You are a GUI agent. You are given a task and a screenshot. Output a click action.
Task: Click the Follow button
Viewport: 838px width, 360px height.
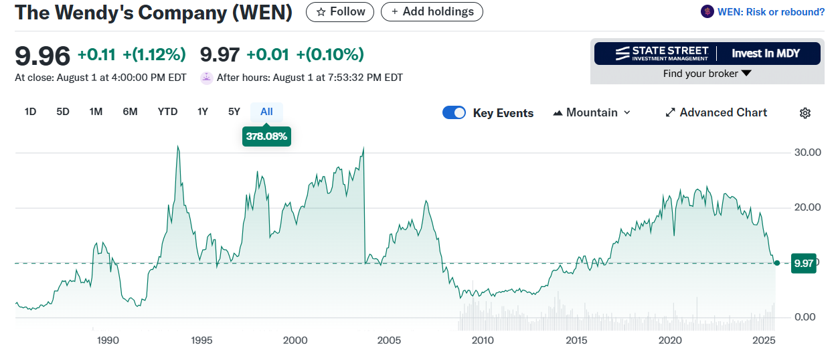tap(340, 11)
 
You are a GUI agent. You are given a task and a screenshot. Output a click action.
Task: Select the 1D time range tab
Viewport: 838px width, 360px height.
tap(30, 112)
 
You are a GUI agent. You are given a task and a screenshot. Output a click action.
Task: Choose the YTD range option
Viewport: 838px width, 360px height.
tap(167, 112)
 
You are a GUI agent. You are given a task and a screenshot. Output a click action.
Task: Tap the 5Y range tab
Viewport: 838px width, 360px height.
tap(234, 112)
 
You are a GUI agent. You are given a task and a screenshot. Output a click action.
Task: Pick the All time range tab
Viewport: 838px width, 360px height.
tap(266, 112)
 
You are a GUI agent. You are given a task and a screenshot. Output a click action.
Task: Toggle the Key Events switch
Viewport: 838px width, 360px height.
tap(454, 112)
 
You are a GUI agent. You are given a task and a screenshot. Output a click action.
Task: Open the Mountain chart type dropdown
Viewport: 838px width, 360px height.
tap(592, 112)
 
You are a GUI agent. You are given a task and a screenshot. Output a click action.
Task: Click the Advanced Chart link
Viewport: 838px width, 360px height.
tap(716, 112)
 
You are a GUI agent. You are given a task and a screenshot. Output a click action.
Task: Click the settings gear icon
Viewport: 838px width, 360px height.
tap(805, 113)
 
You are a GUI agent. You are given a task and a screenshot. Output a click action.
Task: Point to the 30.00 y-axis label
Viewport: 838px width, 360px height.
tap(807, 153)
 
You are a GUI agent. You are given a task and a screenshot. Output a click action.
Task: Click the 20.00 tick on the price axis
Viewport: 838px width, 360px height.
tap(807, 207)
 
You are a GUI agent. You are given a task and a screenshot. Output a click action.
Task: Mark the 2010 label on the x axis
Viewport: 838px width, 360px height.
tap(483, 341)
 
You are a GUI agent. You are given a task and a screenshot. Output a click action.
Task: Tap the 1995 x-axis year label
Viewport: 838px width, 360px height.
tap(201, 341)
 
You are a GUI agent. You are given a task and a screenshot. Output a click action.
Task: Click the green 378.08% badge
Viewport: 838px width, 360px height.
tap(266, 137)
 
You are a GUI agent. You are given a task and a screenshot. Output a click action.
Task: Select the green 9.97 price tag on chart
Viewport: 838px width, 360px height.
tap(803, 263)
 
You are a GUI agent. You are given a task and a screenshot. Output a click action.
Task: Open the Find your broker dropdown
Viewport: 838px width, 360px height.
tap(707, 74)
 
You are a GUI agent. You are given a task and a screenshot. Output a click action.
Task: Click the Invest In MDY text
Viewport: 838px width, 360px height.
tap(765, 54)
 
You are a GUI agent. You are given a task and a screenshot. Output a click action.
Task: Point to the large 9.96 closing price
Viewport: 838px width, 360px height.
tap(42, 55)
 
